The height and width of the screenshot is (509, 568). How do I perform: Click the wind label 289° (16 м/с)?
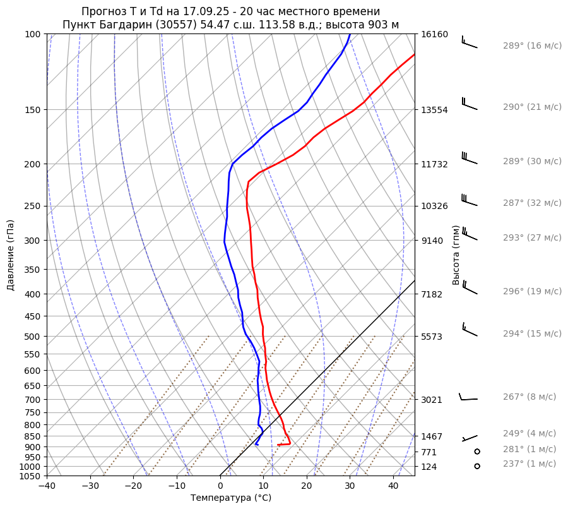click(x=532, y=46)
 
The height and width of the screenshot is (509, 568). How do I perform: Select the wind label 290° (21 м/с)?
click(x=532, y=107)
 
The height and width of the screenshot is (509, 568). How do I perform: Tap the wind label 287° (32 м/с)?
click(x=532, y=203)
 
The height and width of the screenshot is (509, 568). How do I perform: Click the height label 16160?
click(x=434, y=34)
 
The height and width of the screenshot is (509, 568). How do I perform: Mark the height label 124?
click(x=429, y=467)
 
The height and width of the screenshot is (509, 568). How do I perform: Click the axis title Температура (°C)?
click(x=231, y=498)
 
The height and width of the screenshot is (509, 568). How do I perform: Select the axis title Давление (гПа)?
click(x=11, y=255)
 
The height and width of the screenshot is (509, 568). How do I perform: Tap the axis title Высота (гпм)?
click(x=456, y=255)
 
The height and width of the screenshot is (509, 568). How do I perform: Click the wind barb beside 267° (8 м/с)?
click(x=468, y=397)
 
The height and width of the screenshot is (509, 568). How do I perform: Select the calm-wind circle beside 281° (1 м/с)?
click(x=477, y=452)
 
